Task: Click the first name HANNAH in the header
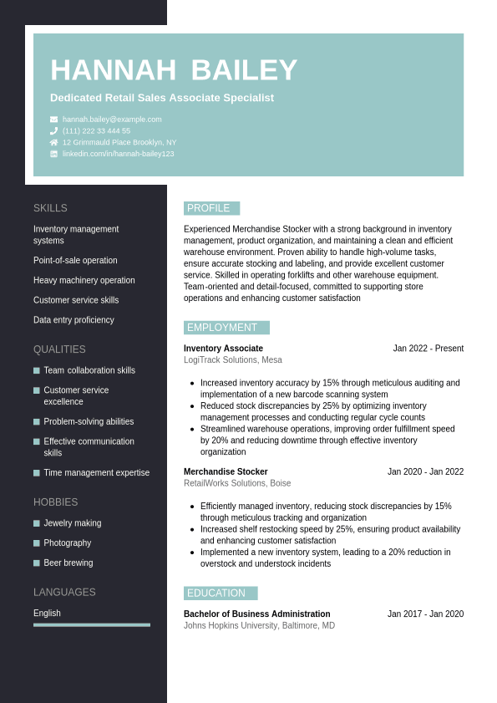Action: click(x=113, y=70)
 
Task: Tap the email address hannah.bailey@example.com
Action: click(x=112, y=120)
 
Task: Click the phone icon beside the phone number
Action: click(x=54, y=131)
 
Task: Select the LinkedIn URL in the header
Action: click(x=118, y=154)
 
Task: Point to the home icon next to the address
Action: click(x=54, y=142)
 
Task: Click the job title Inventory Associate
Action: click(x=223, y=349)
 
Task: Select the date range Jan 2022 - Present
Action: click(x=428, y=349)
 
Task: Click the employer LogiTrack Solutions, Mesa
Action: click(x=232, y=360)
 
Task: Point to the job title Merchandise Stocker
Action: click(x=226, y=471)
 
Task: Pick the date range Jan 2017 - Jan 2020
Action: click(x=425, y=614)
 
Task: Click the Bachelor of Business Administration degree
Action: click(x=256, y=614)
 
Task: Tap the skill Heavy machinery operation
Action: click(x=84, y=280)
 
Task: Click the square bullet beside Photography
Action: click(x=37, y=543)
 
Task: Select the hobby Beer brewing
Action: click(x=68, y=563)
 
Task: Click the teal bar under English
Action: click(x=92, y=624)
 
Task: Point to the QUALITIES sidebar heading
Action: click(x=59, y=349)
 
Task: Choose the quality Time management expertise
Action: click(x=97, y=472)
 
